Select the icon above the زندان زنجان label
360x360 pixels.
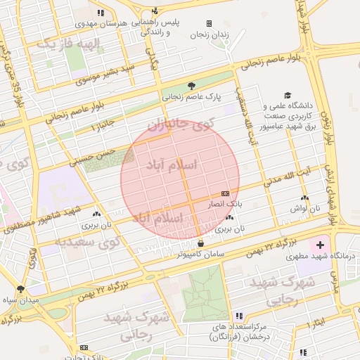[209, 23]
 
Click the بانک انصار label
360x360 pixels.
[224, 203]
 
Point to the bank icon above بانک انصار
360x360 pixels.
[225, 193]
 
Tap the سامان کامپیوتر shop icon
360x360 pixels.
[201, 243]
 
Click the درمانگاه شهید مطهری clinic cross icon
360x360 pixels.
[321, 245]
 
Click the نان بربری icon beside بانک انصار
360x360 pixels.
[231, 218]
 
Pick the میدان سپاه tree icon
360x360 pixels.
[20, 289]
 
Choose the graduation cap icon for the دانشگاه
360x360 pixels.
[287, 96]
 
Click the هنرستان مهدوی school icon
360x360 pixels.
[102, 13]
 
